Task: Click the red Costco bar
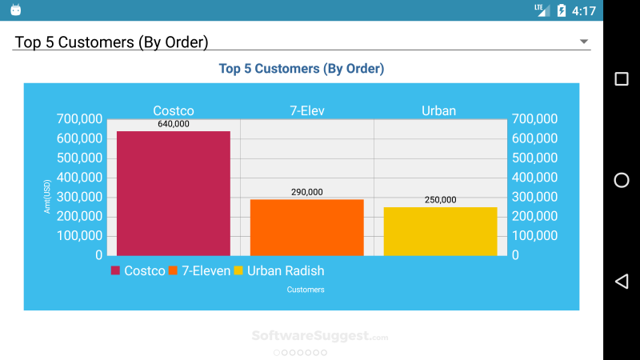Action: pos(174,194)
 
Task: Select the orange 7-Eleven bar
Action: pos(306,227)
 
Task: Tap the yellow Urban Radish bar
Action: pos(440,231)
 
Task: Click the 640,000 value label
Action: pos(174,124)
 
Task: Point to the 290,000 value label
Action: pos(306,192)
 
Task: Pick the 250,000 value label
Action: pos(440,200)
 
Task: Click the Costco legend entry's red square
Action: pos(115,270)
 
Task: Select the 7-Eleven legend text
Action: pos(206,270)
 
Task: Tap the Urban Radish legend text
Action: pos(286,270)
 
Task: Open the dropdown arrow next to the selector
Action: pos(584,42)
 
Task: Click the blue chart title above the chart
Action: pos(302,69)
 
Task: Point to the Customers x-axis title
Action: pos(306,290)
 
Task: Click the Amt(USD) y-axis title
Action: pos(46,196)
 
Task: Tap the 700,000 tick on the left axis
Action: pos(80,118)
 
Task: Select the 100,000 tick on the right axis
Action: pos(534,235)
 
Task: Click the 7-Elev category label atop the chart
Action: pos(306,110)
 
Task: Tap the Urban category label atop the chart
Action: pos(438,110)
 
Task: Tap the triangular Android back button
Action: pos(621,281)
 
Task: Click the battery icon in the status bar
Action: pos(562,10)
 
